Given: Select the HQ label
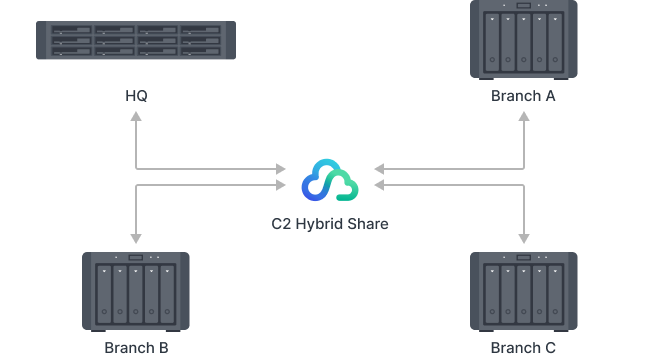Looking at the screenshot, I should (136, 96).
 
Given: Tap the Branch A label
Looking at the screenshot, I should (523, 96).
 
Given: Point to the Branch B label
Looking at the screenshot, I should (136, 348).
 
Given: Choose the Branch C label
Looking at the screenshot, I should (523, 348).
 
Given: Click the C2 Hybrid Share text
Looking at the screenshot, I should (330, 224).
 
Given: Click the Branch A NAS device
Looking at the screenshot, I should (523, 40).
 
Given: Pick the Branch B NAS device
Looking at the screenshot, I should (136, 293).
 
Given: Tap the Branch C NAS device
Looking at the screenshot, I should (523, 293).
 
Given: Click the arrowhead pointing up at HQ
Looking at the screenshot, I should (136, 117).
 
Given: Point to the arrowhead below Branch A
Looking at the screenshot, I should (523, 117).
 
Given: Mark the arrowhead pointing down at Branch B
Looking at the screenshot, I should (136, 238).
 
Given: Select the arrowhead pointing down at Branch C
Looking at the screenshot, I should (523, 238).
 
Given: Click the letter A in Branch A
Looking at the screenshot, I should (550, 96).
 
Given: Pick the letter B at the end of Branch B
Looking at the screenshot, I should (163, 348).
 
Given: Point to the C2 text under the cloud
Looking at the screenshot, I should (282, 224).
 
